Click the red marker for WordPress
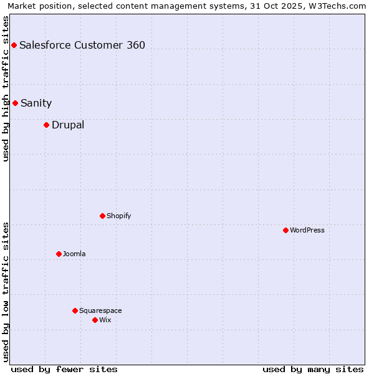point(285,230)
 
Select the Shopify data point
point(102,216)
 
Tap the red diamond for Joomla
point(59,254)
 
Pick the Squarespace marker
point(75,310)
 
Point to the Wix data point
point(95,320)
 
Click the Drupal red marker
point(46,125)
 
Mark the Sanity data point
point(15,103)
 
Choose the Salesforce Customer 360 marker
point(14,45)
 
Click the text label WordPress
point(307,230)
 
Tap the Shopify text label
point(119,216)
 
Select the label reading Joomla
point(74,254)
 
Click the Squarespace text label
point(100,310)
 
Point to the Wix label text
point(105,320)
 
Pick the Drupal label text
point(68,125)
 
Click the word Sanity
point(36,103)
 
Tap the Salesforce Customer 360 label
point(82,45)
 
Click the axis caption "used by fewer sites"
point(64,369)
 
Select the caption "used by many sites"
point(313,369)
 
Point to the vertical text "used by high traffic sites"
point(6,89)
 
